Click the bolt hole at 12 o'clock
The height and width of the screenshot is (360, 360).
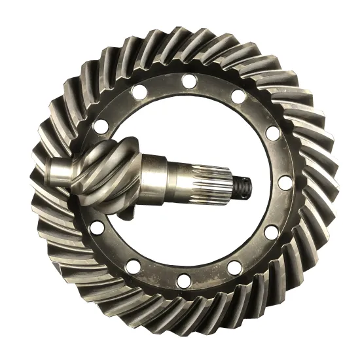pos(190,81)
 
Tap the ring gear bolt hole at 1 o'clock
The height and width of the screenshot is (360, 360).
pos(239,97)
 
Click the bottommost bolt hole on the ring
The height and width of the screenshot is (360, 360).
pos(185,281)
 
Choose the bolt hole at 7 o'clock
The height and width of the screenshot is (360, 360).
pos(134,266)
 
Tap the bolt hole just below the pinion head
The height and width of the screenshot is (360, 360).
pos(98,228)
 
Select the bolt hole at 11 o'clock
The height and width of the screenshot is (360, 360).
pos(138,93)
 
